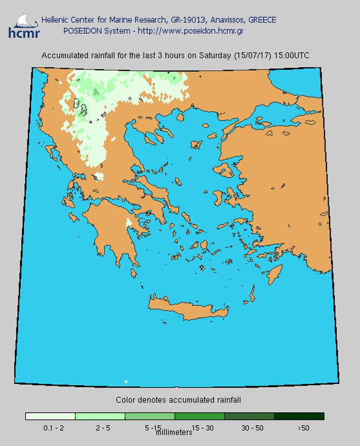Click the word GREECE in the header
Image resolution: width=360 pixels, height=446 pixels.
coord(262,20)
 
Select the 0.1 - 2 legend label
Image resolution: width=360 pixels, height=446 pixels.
coord(50,428)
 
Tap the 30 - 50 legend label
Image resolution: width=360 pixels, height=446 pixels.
coord(249,428)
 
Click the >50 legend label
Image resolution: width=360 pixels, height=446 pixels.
coord(303,428)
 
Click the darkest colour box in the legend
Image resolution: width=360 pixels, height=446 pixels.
coord(299,416)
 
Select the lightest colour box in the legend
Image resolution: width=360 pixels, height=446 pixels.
coord(50,416)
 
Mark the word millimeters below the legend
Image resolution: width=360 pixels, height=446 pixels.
coord(173,432)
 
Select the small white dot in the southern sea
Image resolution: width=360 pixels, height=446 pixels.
coord(126,381)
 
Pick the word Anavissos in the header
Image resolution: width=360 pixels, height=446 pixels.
coord(228,20)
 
